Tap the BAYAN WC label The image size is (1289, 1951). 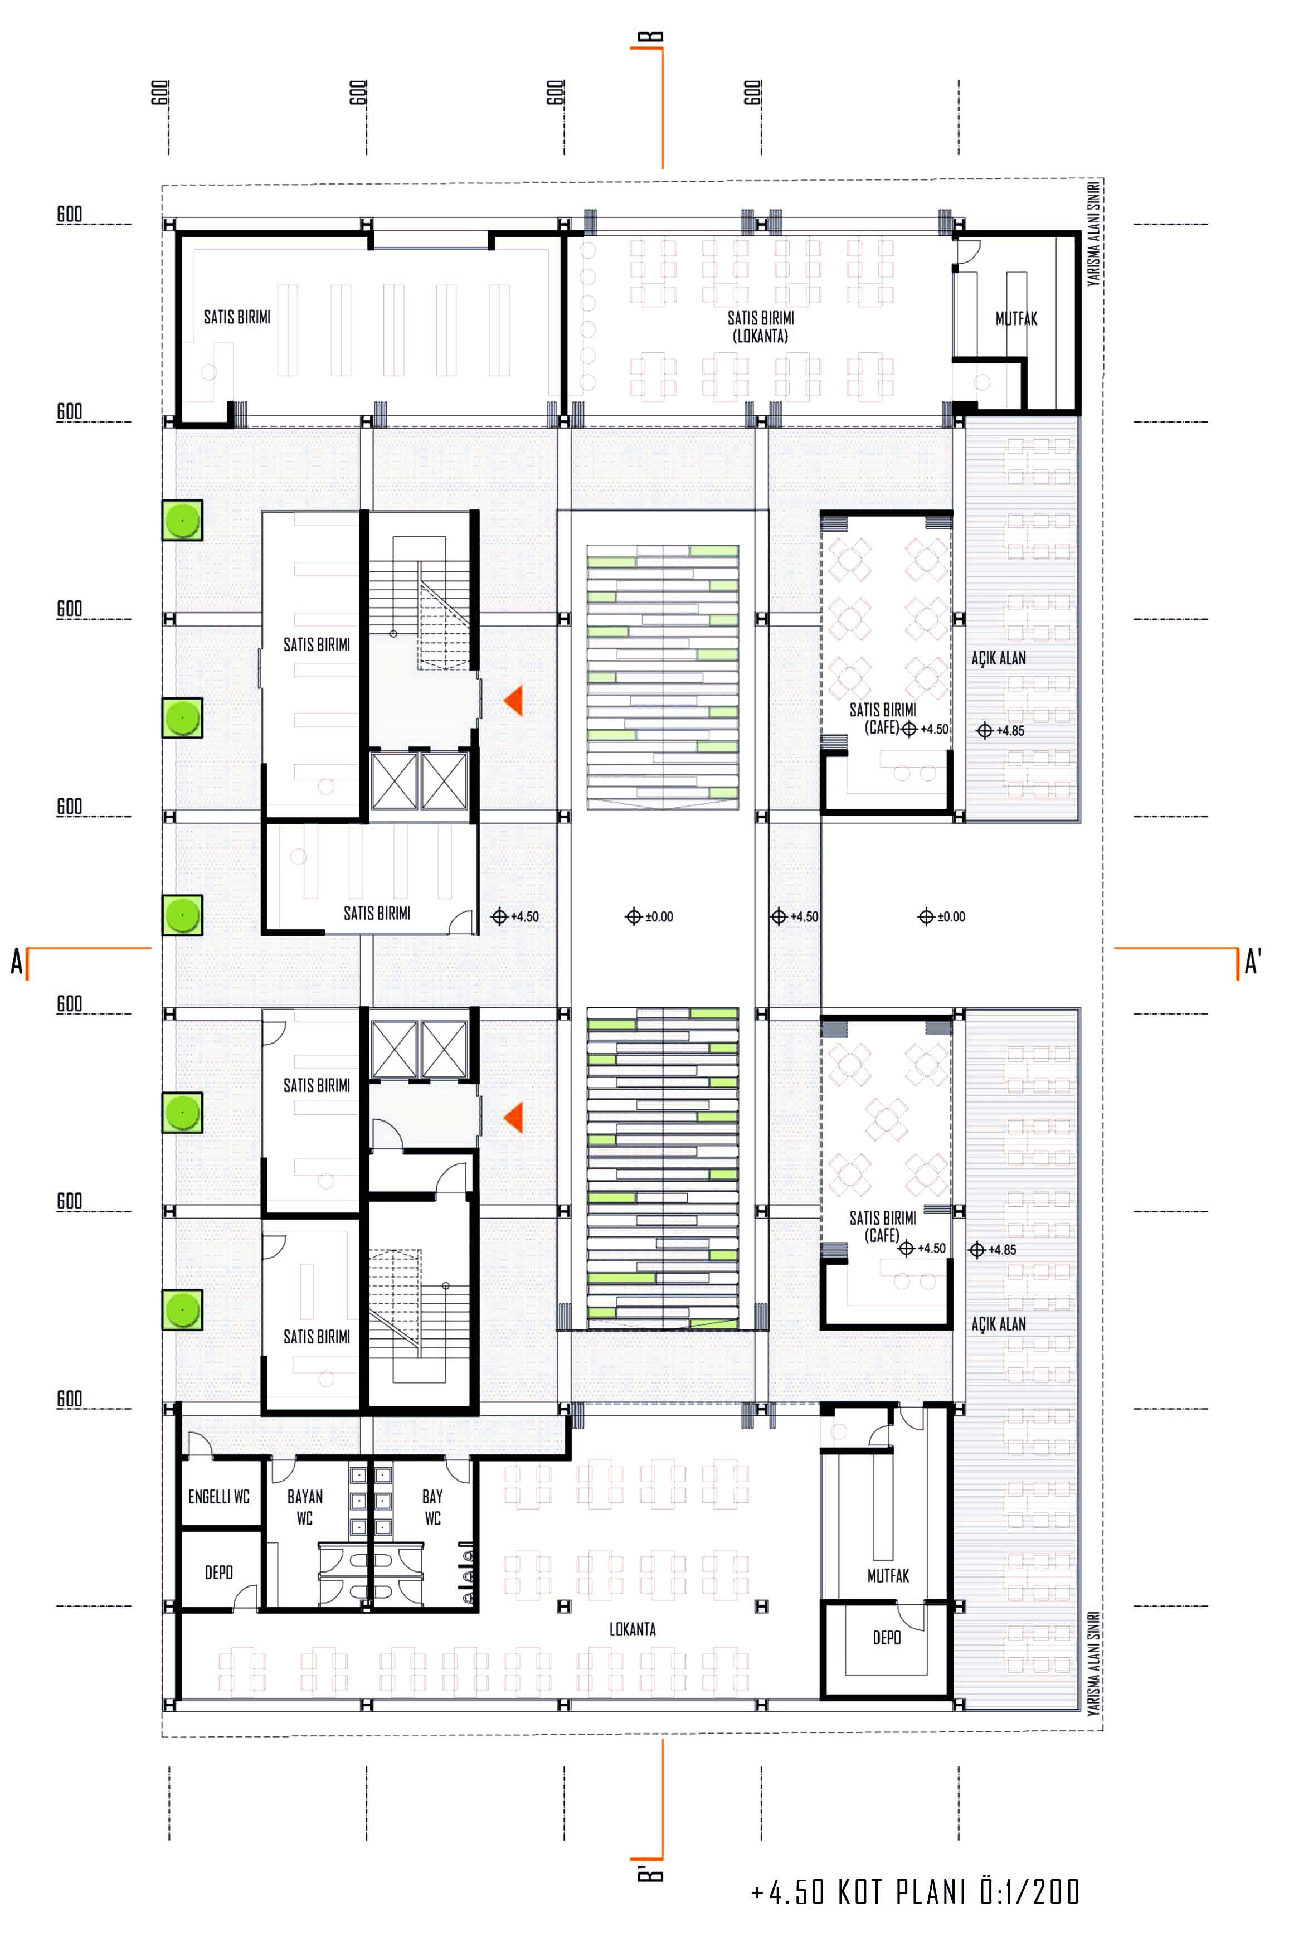point(305,1507)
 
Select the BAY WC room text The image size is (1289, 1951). point(432,1507)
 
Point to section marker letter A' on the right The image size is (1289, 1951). point(1253,960)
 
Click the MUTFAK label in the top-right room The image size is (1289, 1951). point(1016,319)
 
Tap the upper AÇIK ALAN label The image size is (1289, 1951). point(999,658)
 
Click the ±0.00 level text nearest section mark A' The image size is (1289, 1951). point(942,917)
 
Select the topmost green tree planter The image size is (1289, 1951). point(182,520)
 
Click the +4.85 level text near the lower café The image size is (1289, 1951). point(993,1250)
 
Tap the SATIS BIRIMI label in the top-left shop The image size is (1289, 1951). point(237,317)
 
